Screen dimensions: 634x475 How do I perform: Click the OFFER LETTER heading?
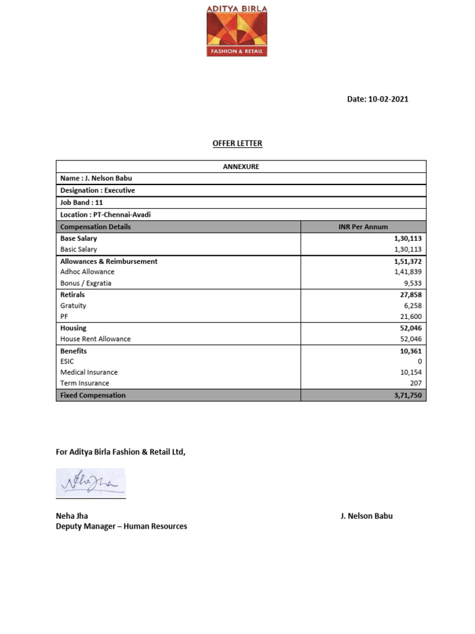[237, 144]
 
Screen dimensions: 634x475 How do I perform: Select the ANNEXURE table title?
[241, 167]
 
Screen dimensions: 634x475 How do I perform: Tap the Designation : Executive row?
[98, 191]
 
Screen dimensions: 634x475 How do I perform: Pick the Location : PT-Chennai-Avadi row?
[106, 215]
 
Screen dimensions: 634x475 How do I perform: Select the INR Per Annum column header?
[363, 227]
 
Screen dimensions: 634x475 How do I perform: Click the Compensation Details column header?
[95, 227]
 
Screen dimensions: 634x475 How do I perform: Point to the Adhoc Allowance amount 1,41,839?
[408, 272]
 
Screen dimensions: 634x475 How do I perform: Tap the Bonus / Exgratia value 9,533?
[412, 283]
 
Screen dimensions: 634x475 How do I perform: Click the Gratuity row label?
[73, 306]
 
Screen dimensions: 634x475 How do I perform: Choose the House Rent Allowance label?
[95, 339]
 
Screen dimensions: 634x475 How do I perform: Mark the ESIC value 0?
[420, 362]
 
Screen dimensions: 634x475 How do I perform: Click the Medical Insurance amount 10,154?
[411, 373]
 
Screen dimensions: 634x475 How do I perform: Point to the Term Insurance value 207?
[415, 384]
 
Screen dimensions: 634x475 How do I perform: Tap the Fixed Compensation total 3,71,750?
[408, 395]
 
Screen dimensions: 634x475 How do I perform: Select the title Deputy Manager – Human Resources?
[121, 527]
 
